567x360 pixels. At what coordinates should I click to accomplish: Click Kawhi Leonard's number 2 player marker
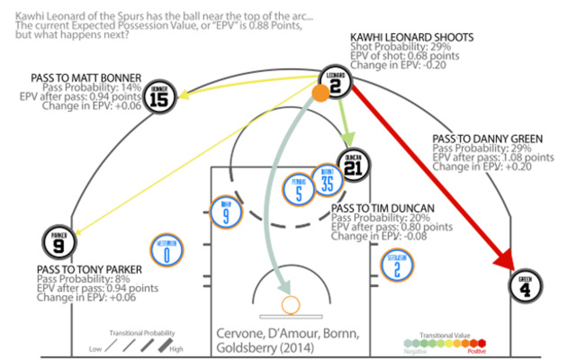click(336, 82)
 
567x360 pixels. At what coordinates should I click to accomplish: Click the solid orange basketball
click(320, 94)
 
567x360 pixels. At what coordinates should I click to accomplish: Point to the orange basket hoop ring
click(290, 305)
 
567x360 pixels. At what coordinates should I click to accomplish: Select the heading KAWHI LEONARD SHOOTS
click(412, 37)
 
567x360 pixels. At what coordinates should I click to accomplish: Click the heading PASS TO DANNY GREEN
click(487, 139)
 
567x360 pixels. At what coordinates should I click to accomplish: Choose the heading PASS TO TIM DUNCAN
click(383, 208)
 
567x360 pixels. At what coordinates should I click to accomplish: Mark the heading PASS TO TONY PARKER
click(89, 269)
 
